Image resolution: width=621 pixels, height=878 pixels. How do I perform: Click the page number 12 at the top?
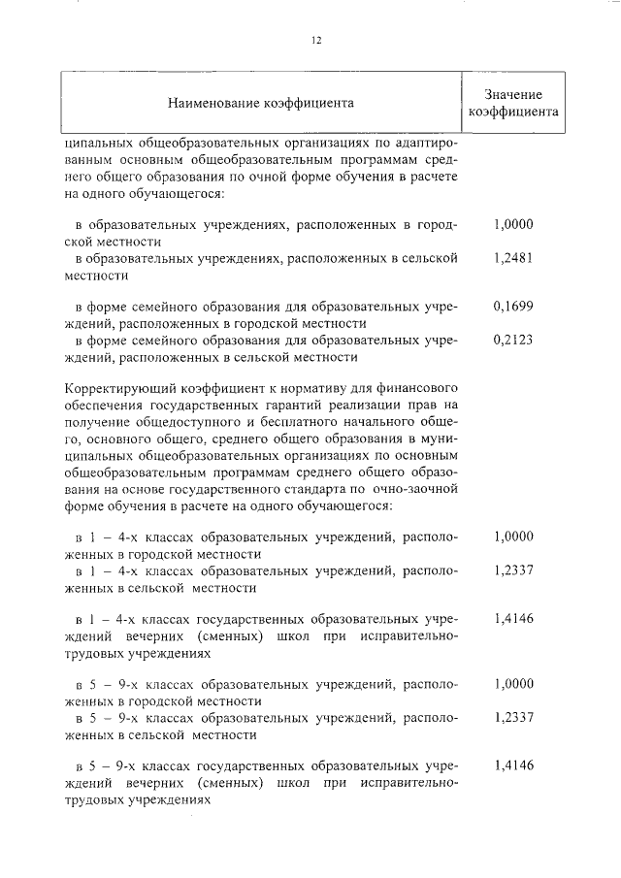click(316, 40)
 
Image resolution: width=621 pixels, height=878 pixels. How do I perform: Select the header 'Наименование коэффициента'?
click(261, 101)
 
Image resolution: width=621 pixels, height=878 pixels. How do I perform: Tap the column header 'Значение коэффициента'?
click(513, 102)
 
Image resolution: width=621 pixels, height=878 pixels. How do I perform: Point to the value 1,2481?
click(513, 258)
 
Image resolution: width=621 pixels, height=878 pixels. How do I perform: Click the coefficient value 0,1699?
click(513, 306)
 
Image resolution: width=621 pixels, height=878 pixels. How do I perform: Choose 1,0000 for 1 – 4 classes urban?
click(513, 536)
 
